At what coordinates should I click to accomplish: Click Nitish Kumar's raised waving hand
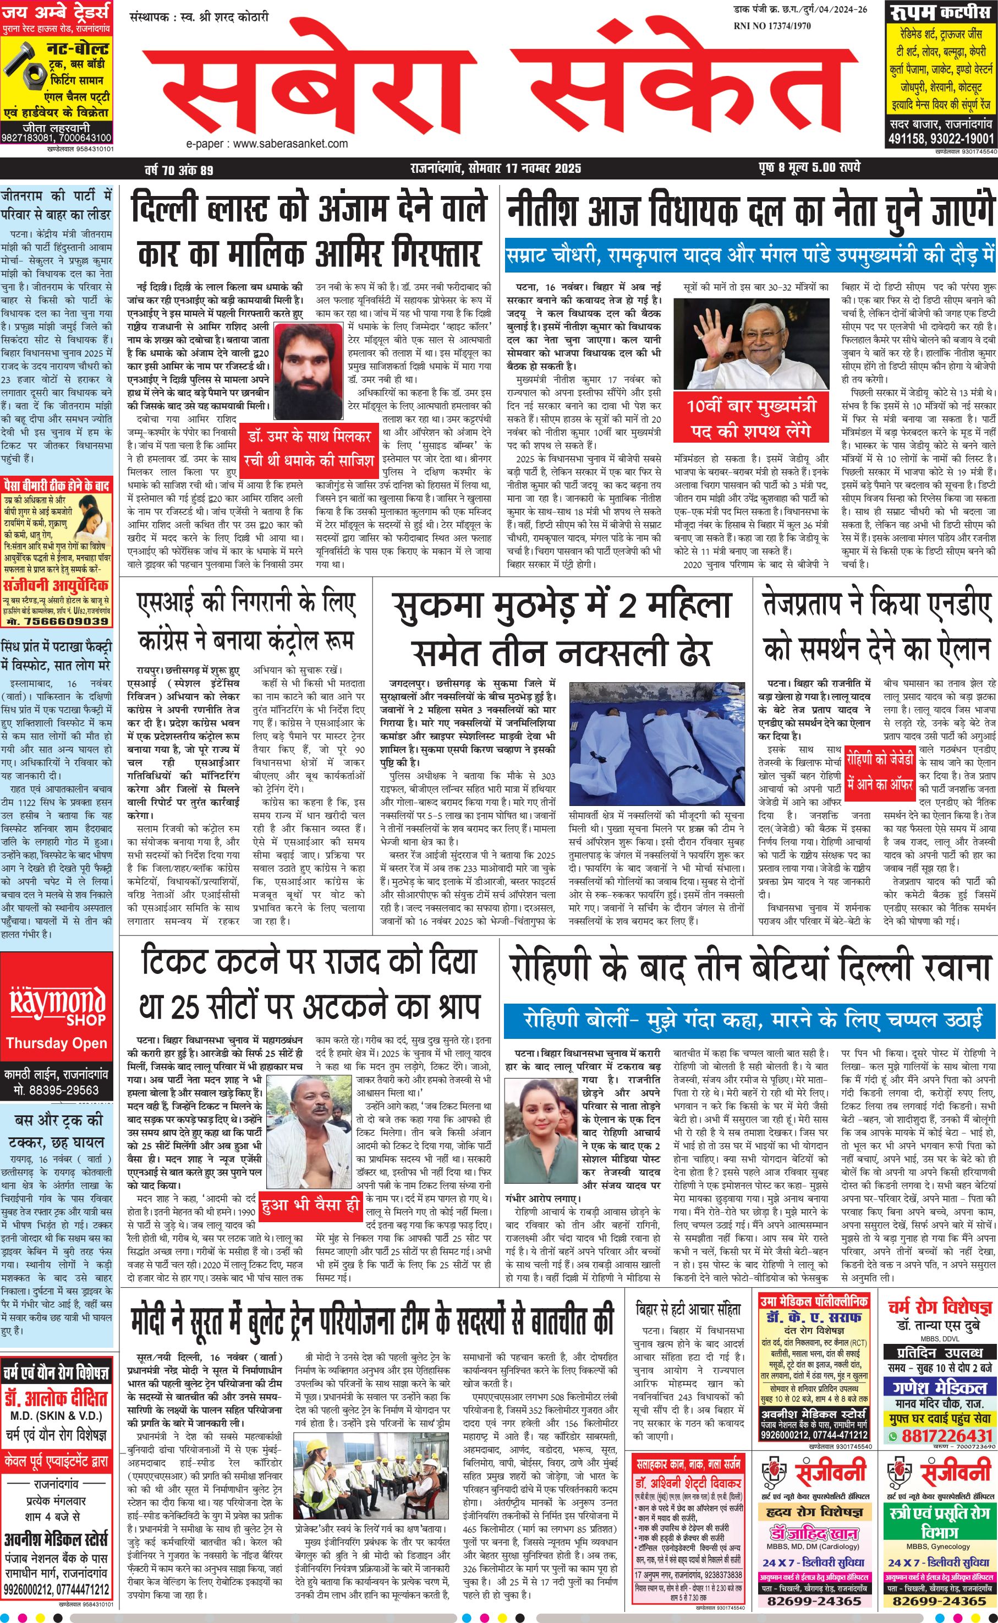699,328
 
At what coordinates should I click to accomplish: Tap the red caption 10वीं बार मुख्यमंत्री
751,405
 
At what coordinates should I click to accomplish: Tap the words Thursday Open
57,1043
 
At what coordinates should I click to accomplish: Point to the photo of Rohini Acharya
540,1123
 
